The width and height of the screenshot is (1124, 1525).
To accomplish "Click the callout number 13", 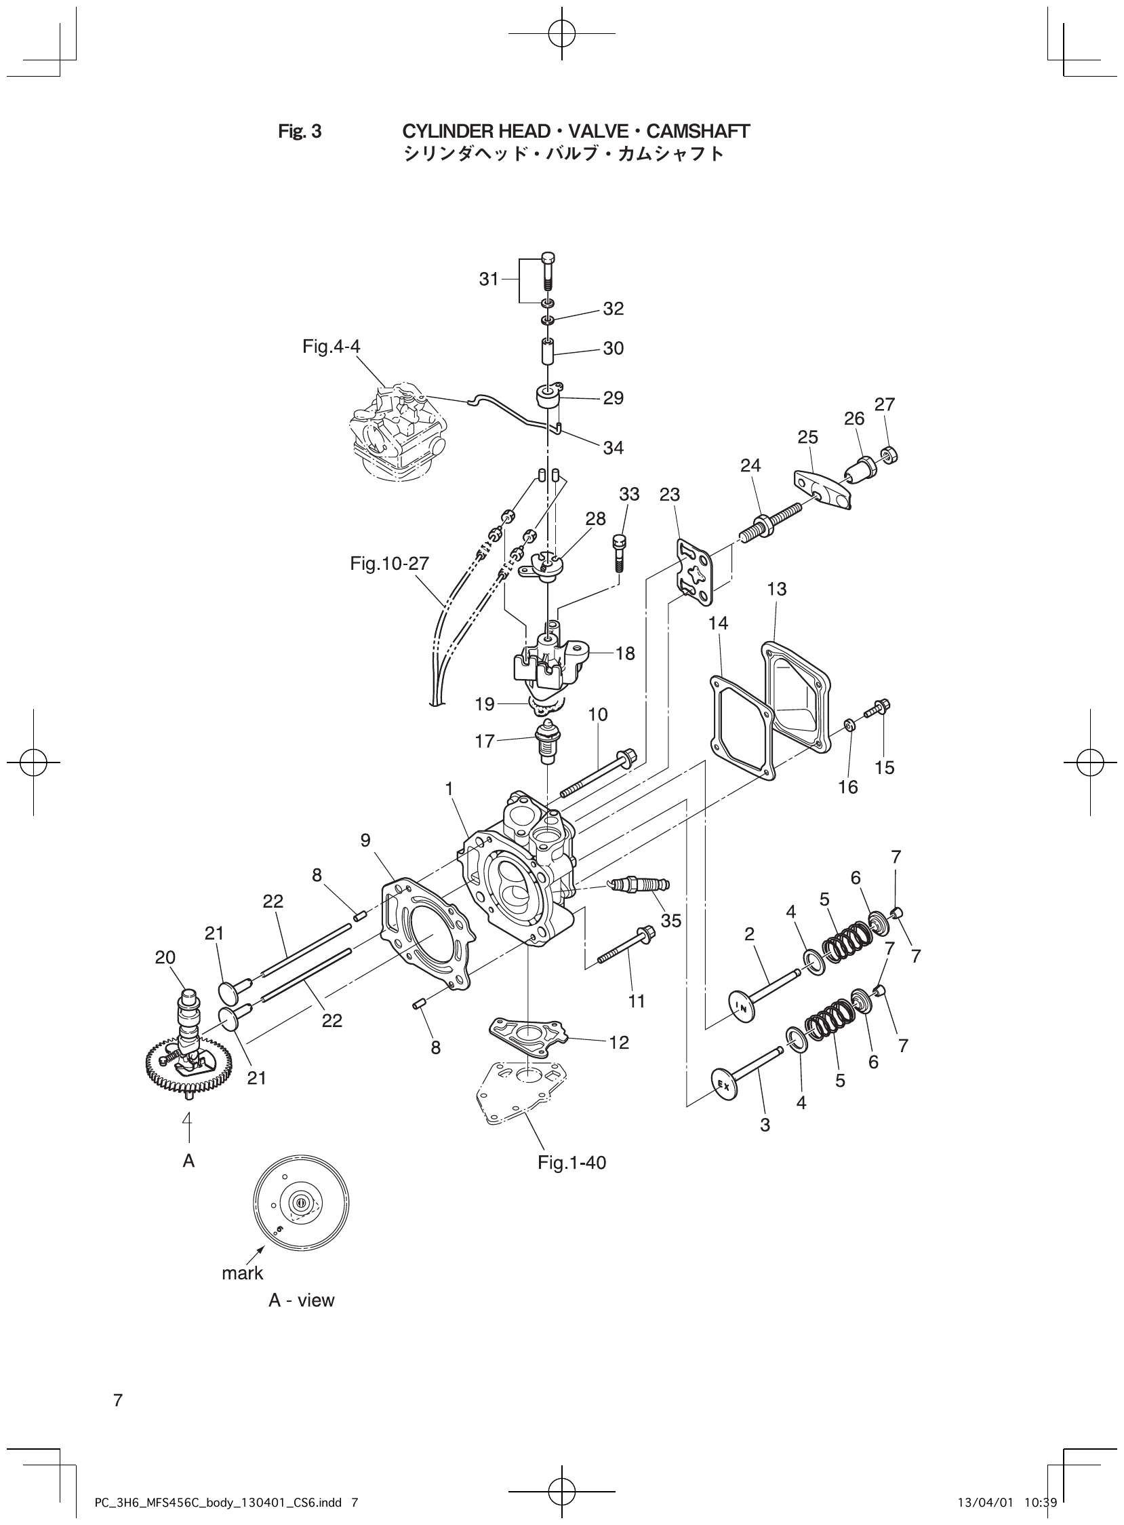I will [x=776, y=589].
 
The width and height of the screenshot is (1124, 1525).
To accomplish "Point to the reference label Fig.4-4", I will [x=332, y=347].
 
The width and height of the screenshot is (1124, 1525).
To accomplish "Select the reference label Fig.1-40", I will [x=571, y=1163].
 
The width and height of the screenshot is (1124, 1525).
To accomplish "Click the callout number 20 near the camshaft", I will [x=165, y=958].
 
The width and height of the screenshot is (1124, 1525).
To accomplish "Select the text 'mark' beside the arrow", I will [x=242, y=1273].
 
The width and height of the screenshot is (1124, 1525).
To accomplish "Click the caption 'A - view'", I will [x=302, y=1300].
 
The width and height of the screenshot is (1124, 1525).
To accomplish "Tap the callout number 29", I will [x=613, y=398].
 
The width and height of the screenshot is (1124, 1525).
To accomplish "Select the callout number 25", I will [x=807, y=437].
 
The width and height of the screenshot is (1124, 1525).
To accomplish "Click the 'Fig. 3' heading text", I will [x=300, y=132].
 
